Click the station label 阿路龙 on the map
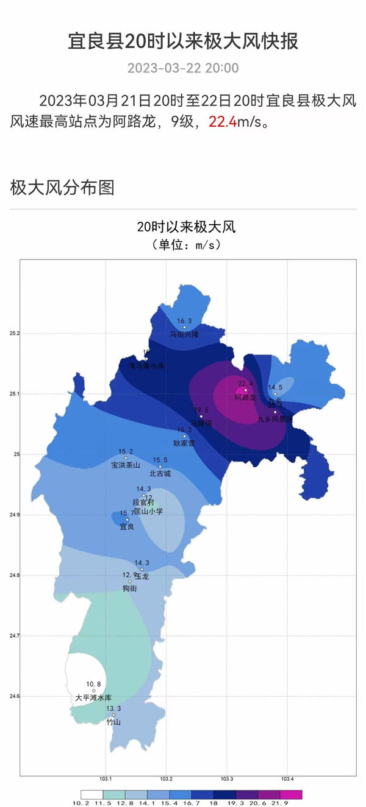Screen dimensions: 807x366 [x=245, y=398]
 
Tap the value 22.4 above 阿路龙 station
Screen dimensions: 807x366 [x=245, y=384]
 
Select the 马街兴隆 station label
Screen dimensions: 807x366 [x=184, y=334]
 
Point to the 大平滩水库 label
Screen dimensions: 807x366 [x=93, y=698]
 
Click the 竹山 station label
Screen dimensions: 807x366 [x=113, y=722]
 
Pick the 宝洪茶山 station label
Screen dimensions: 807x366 [x=126, y=465]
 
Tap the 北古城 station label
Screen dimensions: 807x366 [x=160, y=473]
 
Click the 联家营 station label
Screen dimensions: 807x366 [x=184, y=443]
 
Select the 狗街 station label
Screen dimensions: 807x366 [x=129, y=588]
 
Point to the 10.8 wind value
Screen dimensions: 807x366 [x=93, y=685]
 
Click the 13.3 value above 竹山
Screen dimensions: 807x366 [x=113, y=709]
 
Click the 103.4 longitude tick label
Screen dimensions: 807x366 [x=288, y=779]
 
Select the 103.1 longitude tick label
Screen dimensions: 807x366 [x=106, y=779]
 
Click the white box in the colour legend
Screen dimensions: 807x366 [x=91, y=795]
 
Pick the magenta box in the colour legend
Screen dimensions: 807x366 [x=291, y=795]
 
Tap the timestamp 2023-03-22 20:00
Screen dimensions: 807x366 [x=183, y=68]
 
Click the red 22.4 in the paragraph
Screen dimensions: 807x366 [x=223, y=122]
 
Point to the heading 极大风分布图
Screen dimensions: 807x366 [x=62, y=188]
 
